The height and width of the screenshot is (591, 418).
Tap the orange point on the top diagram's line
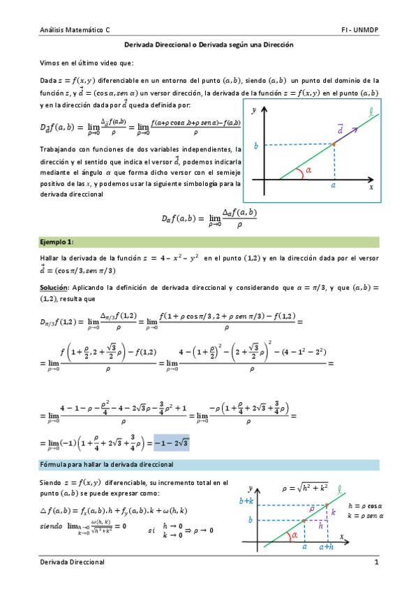(334, 144)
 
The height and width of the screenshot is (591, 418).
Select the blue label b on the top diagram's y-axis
(256, 146)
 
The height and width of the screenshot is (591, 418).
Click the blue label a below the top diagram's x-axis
(334, 186)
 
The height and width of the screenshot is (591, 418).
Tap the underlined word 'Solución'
(53, 287)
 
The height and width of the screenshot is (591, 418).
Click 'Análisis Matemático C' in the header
(75, 31)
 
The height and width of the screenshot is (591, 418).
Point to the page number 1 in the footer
(376, 562)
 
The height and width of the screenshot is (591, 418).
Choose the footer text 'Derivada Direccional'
(72, 562)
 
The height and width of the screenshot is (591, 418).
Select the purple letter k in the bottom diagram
(333, 512)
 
